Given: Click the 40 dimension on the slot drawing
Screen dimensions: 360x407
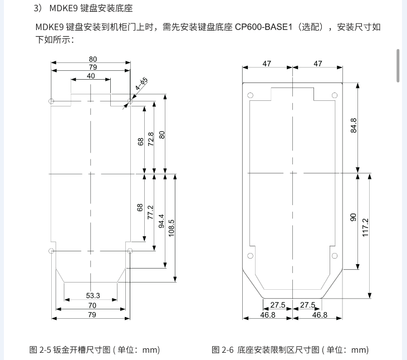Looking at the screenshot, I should tap(91, 76).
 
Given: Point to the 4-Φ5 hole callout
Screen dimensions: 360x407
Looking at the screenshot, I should tap(141, 85).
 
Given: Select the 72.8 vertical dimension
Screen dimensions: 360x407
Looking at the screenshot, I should tap(151, 139).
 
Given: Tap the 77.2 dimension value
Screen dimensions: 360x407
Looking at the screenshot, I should tap(151, 212).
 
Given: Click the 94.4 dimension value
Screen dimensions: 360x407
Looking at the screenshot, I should tap(162, 222).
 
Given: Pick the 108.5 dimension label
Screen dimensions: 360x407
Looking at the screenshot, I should tap(171, 228).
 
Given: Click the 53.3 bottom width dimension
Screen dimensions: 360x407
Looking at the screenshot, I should tap(93, 295).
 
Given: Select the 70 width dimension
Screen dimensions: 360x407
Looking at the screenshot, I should tap(92, 305).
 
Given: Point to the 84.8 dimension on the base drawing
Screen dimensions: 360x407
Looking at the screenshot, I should tap(353, 126).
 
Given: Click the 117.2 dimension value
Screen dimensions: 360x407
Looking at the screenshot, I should tap(365, 228).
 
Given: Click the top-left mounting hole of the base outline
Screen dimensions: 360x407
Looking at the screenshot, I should tap(251, 96).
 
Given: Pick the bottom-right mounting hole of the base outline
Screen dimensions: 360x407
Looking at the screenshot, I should tap(335, 255).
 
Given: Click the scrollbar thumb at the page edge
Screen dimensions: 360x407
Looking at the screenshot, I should tap(398, 65).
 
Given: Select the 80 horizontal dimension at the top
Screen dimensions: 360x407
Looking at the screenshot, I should tap(92, 59).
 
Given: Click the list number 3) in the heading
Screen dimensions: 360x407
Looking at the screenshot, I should tap(38, 9).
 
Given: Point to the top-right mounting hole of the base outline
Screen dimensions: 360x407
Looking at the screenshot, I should tap(335, 96).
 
